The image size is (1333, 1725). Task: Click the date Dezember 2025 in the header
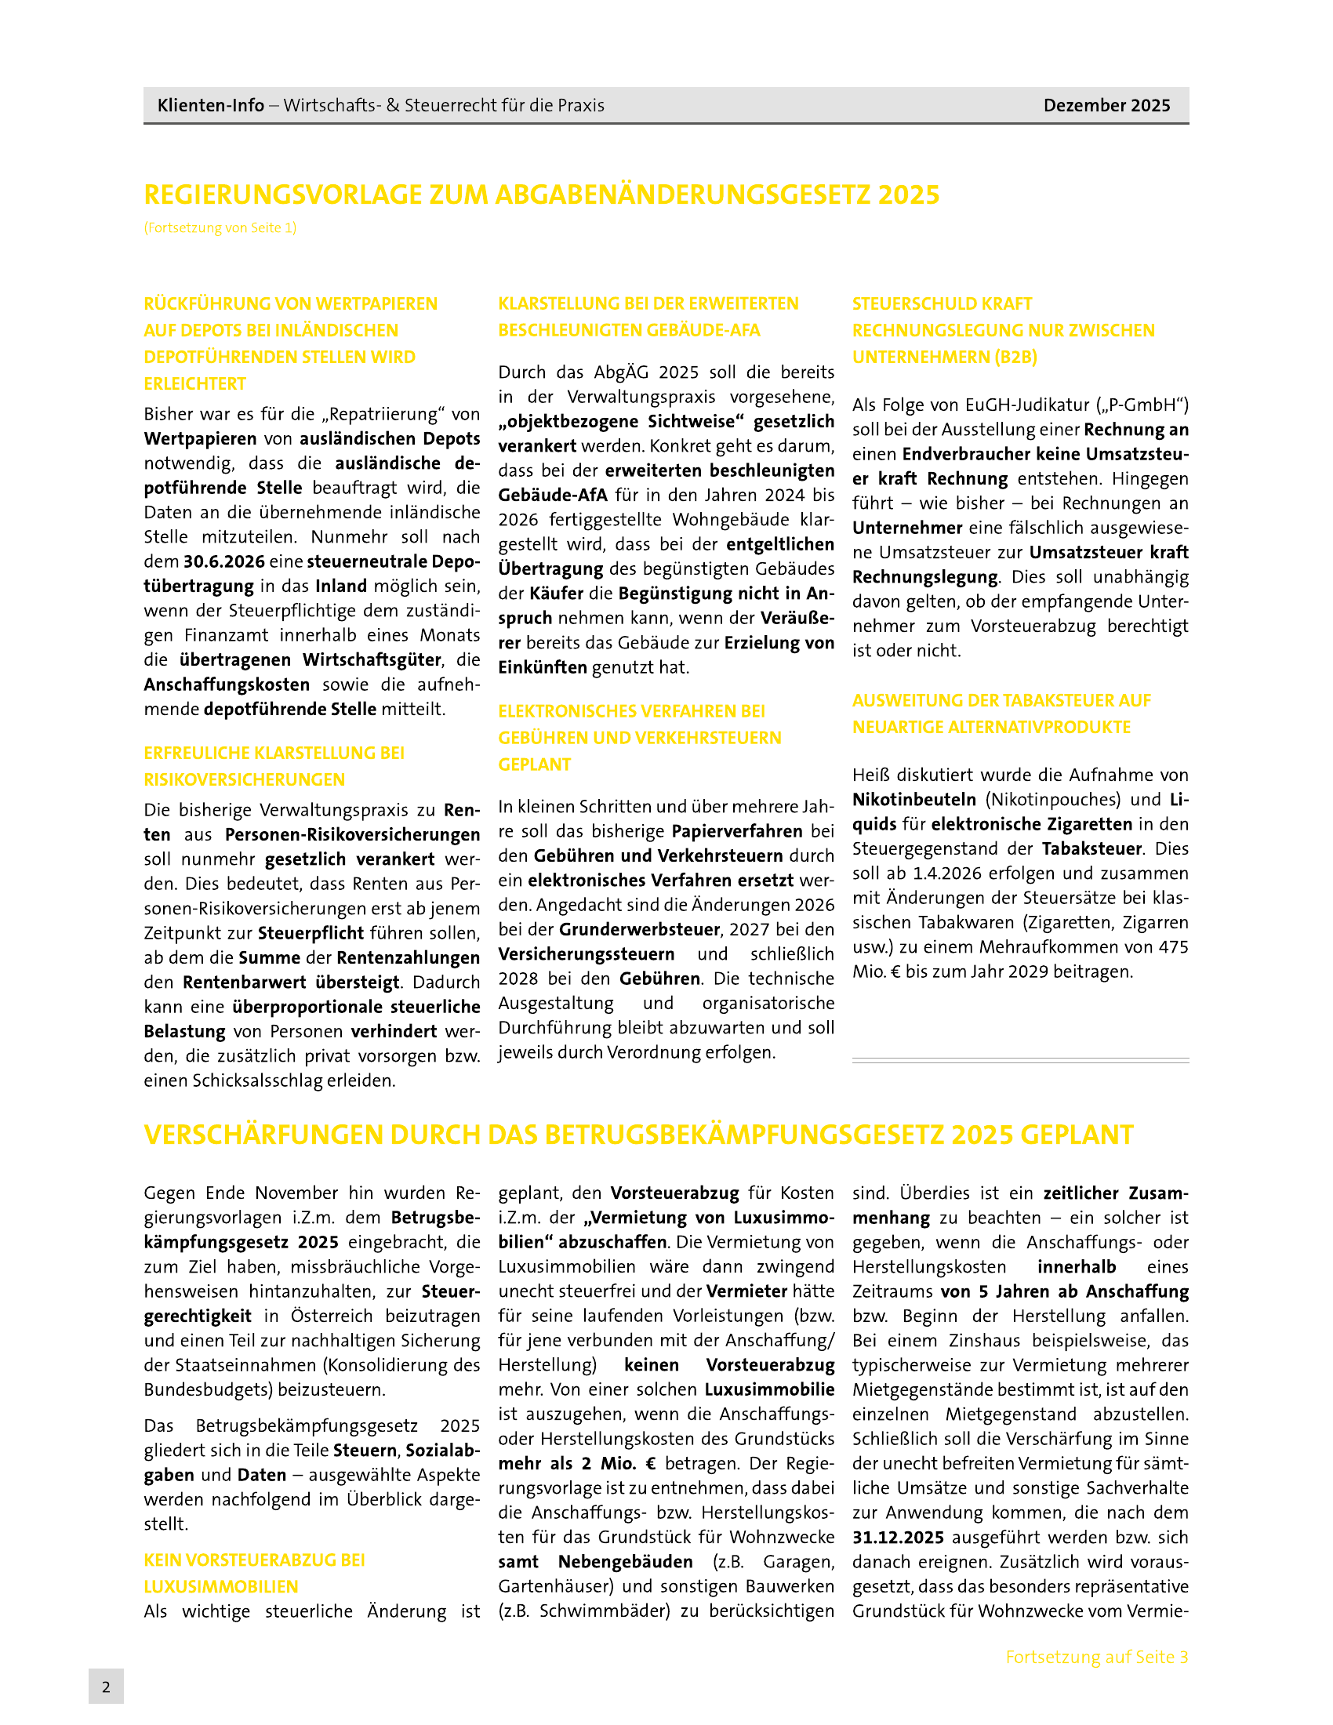click(1106, 105)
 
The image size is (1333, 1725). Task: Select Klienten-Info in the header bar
click(210, 105)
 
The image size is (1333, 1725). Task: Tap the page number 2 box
click(106, 1686)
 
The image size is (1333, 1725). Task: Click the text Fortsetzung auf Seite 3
click(1096, 1656)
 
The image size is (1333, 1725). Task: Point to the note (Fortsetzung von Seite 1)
click(220, 227)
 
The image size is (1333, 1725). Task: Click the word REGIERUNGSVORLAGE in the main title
click(283, 194)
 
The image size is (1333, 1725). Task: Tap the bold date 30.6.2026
click(223, 561)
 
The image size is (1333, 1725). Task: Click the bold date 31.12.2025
click(898, 1537)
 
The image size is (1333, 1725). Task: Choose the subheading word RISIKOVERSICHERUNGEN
click(244, 779)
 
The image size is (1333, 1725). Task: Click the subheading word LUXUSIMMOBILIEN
click(220, 1586)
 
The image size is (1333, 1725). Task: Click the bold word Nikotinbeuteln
click(913, 799)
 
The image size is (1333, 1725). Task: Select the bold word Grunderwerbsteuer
click(640, 929)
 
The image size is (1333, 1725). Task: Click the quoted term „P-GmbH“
click(1143, 405)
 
